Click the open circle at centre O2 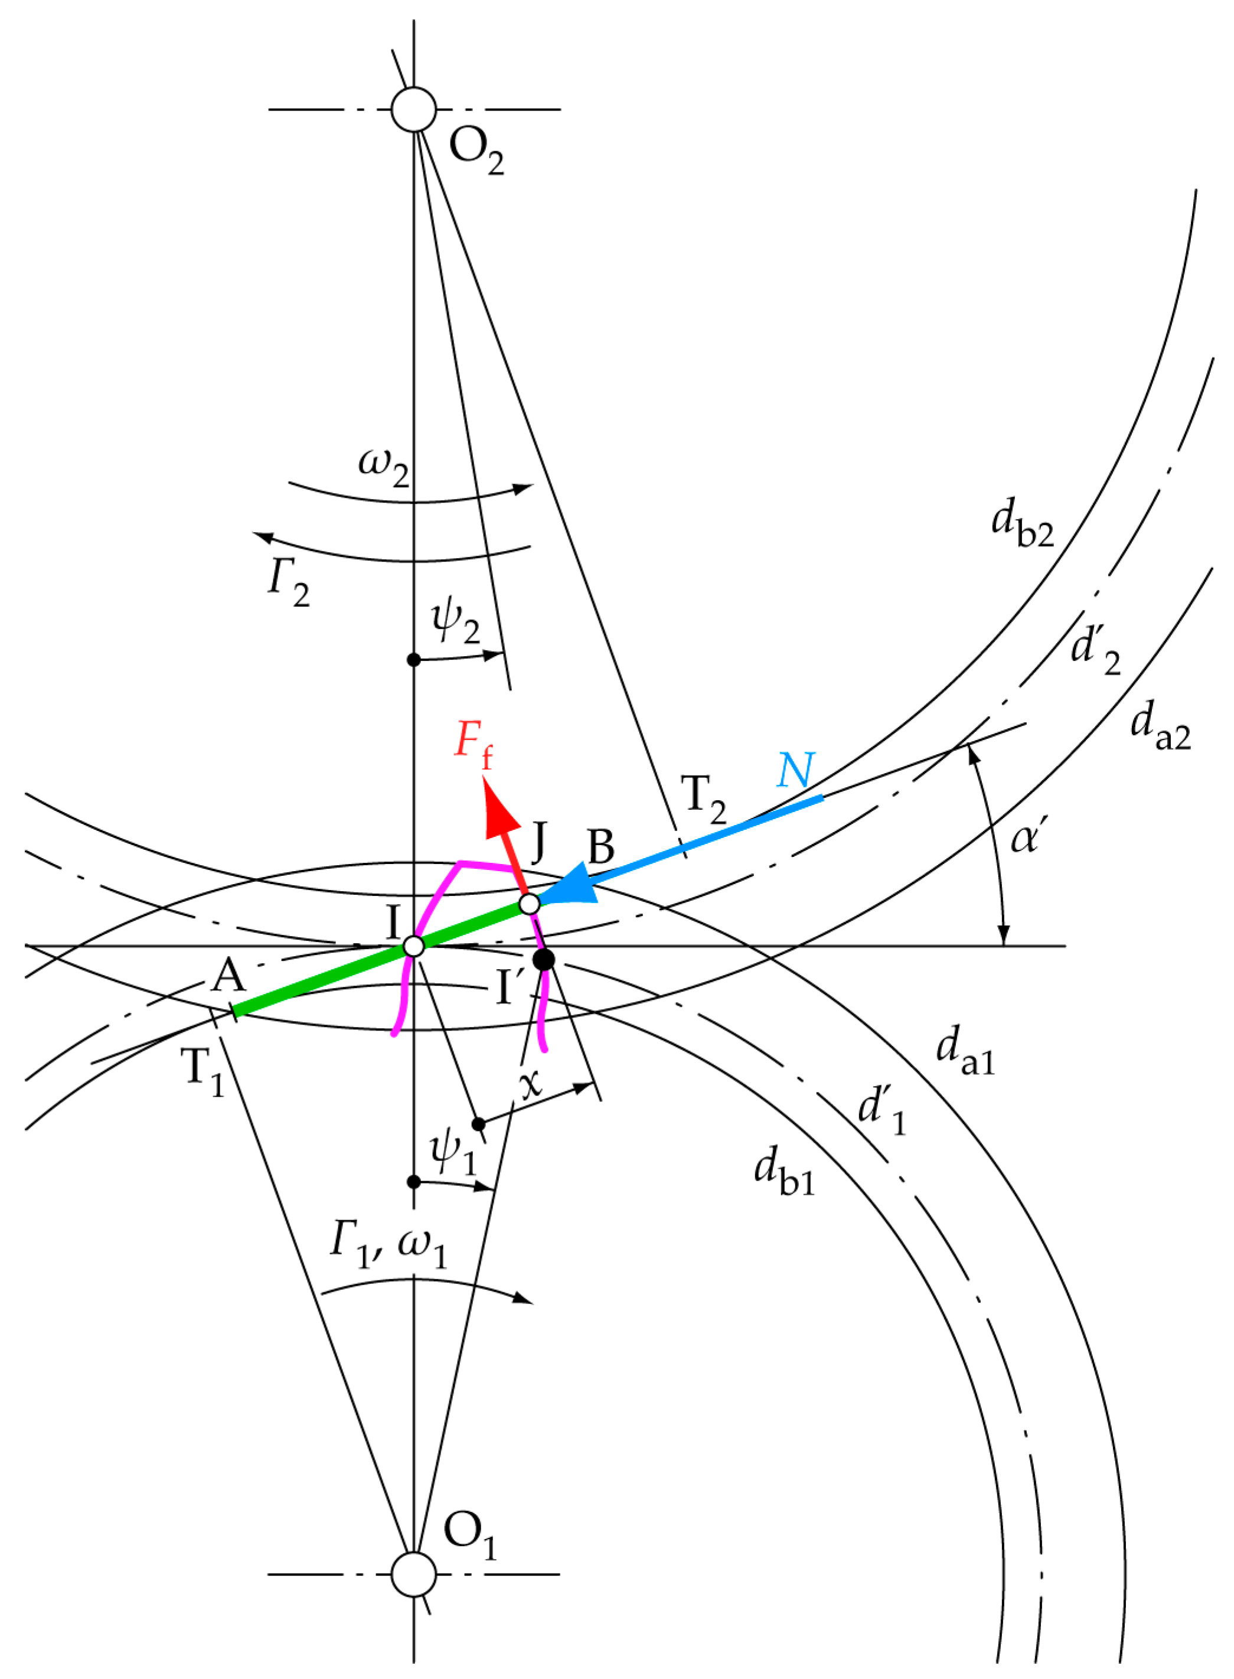tap(413, 109)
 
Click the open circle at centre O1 tap(413, 1574)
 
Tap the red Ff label tap(474, 744)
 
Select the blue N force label tap(795, 770)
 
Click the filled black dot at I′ tap(543, 960)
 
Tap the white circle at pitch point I tap(413, 946)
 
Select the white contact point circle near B tap(529, 904)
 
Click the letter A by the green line tap(228, 976)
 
